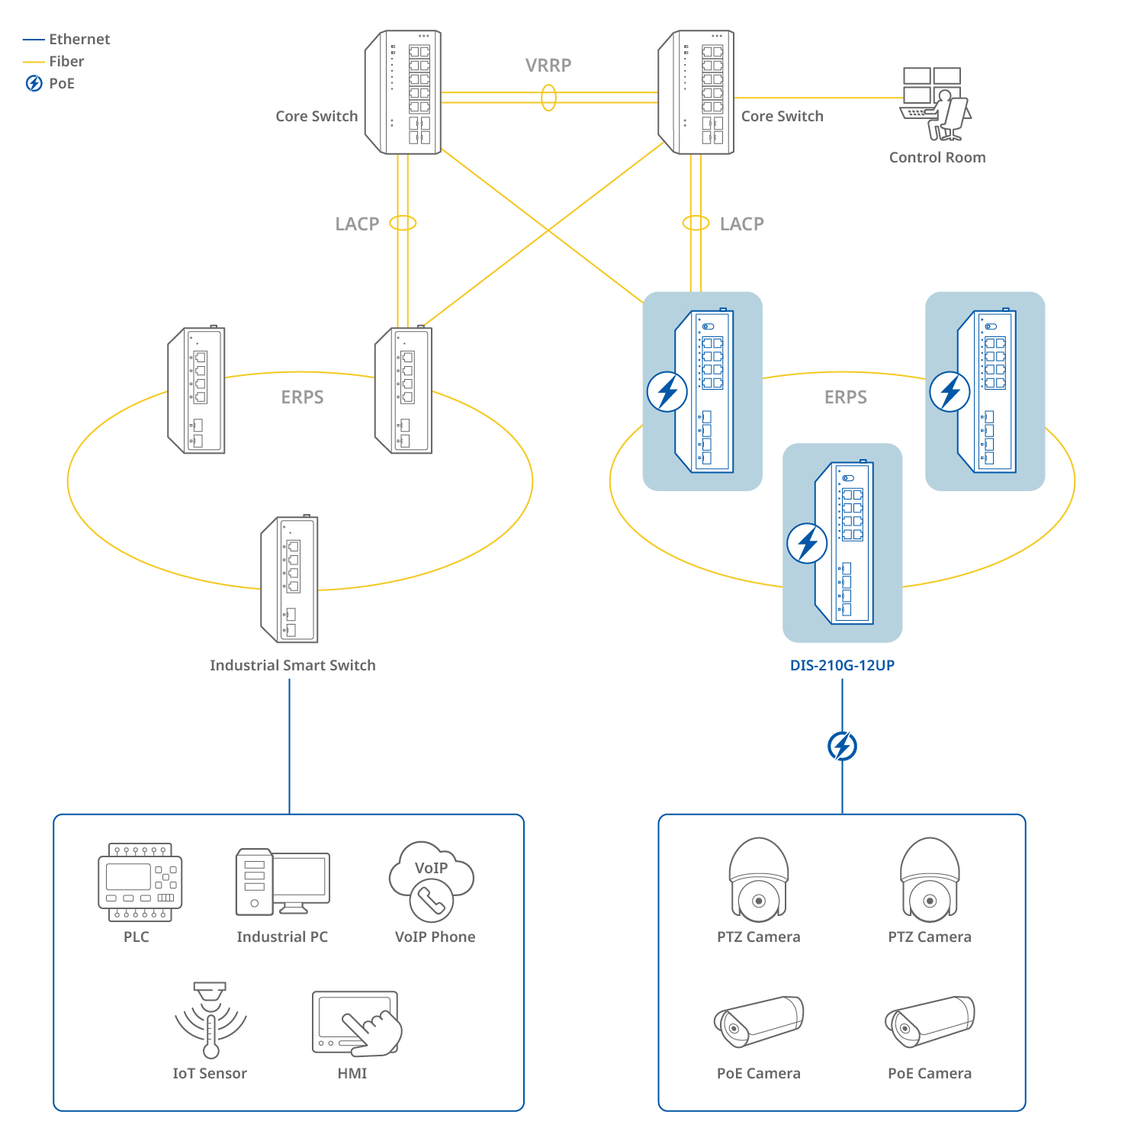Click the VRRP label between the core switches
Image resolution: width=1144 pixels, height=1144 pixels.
pos(548,66)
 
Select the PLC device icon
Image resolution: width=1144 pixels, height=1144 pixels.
pos(140,882)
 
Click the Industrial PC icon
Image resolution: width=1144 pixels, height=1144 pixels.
pos(282,882)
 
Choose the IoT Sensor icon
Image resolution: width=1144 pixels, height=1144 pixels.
pos(210,1020)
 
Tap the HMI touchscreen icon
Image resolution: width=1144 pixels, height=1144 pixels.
pos(356,1023)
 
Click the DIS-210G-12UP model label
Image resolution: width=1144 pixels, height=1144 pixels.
pos(842,665)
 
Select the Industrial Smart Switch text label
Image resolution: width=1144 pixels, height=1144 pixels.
pos(293,665)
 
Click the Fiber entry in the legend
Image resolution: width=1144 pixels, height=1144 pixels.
pos(66,62)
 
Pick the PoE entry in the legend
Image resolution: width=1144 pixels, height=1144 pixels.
pos(62,84)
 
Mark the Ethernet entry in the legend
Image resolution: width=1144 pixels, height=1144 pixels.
pos(79,40)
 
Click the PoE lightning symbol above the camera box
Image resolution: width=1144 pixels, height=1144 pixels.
pos(842,746)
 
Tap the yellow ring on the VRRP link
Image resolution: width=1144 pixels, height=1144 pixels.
pos(548,98)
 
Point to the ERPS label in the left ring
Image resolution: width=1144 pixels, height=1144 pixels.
pos(302,397)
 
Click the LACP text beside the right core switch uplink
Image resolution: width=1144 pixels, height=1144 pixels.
pos(741,224)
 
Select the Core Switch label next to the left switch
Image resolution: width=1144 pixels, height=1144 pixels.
pos(317,117)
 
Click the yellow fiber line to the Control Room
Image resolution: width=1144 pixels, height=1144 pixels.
pos(816,98)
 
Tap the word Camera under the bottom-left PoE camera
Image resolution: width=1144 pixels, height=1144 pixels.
pos(776,1074)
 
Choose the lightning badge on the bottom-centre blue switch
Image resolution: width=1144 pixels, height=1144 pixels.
pos(807,543)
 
